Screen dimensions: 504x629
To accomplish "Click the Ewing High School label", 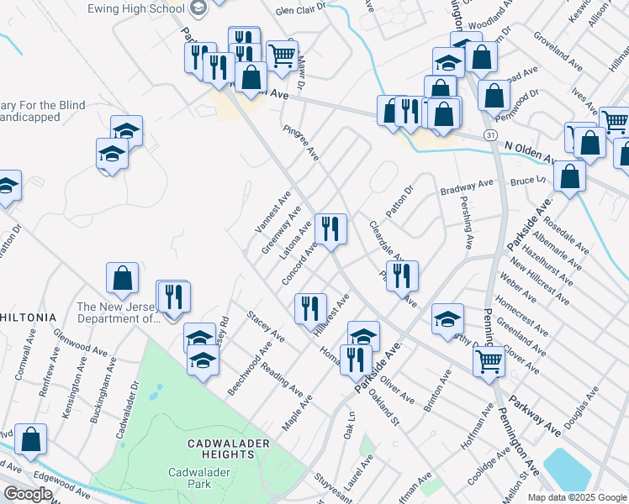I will click(136, 8).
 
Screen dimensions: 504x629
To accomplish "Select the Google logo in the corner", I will click(28, 494).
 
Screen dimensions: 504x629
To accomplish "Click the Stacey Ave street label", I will click(266, 326).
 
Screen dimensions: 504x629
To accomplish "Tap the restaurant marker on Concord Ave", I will click(330, 228).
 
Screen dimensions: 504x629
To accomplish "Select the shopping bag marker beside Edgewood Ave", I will click(30, 438).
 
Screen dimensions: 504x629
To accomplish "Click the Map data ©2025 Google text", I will click(577, 497).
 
